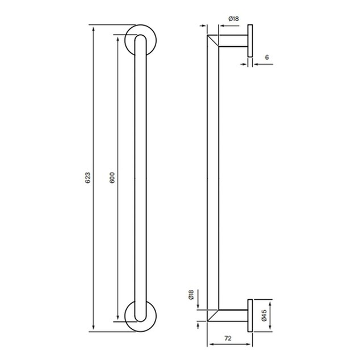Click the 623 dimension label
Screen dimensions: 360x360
(x=88, y=178)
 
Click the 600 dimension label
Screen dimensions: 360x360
(x=112, y=178)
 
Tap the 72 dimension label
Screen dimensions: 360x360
(x=228, y=338)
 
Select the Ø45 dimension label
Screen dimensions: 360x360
(x=264, y=315)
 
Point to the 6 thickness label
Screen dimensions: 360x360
(x=267, y=57)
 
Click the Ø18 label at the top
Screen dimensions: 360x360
(x=233, y=19)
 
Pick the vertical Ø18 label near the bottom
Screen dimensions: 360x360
(x=191, y=295)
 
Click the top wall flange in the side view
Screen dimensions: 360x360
(x=250, y=41)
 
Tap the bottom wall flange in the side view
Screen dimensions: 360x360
(x=250, y=316)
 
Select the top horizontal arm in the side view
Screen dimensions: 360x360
(x=233, y=41)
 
